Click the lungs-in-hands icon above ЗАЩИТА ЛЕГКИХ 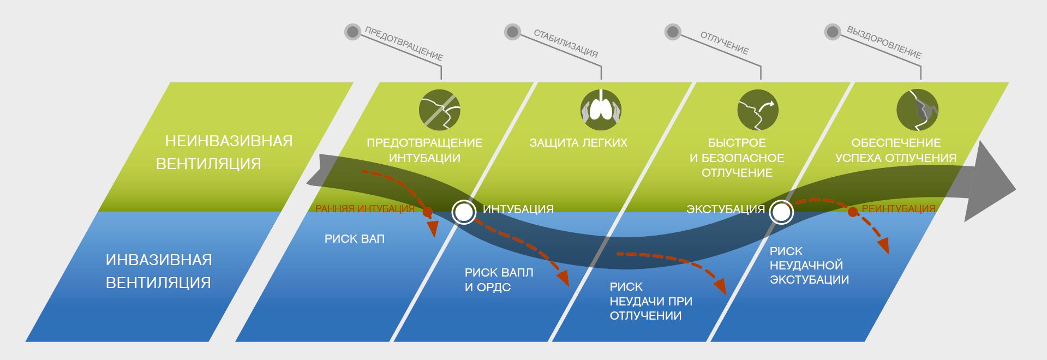tap(600, 109)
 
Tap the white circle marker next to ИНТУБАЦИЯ tap(464, 211)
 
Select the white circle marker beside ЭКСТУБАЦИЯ tap(781, 212)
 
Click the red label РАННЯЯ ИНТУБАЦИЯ tap(364, 209)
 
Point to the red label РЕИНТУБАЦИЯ tap(899, 209)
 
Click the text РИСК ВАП tap(355, 239)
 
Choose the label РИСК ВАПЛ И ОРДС tap(499, 280)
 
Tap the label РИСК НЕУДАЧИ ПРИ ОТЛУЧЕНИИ tap(650, 301)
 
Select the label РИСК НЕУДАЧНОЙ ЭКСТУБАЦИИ tap(809, 266)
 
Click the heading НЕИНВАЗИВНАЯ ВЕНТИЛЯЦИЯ tap(224, 152)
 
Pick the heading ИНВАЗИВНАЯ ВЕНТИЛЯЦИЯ tap(159, 271)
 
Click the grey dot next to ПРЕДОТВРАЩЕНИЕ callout tap(353, 32)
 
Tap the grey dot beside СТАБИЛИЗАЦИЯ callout tap(512, 32)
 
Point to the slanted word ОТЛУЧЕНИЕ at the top tap(724, 43)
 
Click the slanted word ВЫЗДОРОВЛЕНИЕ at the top tap(884, 43)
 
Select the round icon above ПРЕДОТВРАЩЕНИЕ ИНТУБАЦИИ tap(440, 110)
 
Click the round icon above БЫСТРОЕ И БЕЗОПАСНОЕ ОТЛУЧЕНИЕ tap(758, 110)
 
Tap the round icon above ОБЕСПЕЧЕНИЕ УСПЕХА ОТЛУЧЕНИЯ tap(918, 110)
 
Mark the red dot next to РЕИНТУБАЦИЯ tap(852, 211)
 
